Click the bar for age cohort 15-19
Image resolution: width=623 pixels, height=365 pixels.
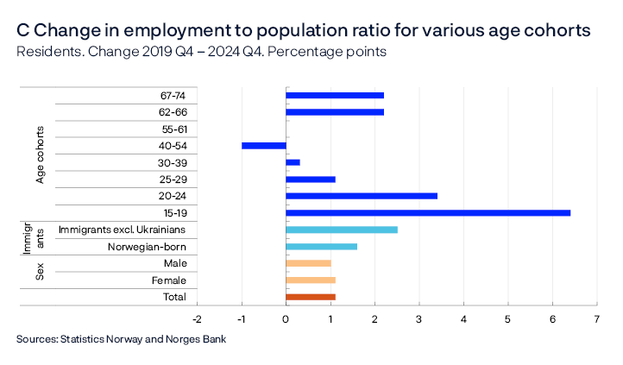click(427, 212)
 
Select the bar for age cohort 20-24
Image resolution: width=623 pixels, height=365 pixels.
click(361, 196)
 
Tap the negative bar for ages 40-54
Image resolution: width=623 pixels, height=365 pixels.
click(263, 146)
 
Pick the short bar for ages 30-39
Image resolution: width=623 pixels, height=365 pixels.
click(293, 162)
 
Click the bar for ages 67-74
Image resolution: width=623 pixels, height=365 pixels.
click(334, 95)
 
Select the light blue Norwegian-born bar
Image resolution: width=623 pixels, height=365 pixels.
click(321, 246)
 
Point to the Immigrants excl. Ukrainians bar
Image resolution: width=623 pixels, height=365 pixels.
click(341, 230)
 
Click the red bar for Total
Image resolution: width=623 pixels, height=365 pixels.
click(310, 297)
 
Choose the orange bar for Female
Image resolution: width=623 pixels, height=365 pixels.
click(310, 280)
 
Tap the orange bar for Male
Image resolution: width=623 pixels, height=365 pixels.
click(308, 263)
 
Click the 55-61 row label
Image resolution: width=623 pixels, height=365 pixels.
click(173, 129)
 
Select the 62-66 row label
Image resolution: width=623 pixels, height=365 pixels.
click(173, 112)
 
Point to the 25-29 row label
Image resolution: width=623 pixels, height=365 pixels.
click(173, 179)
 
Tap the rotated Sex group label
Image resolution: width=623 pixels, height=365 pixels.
click(40, 272)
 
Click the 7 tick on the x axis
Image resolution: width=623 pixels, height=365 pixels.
click(596, 318)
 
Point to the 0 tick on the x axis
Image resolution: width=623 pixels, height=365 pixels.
click(286, 318)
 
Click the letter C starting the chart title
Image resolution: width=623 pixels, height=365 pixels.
click(23, 30)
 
